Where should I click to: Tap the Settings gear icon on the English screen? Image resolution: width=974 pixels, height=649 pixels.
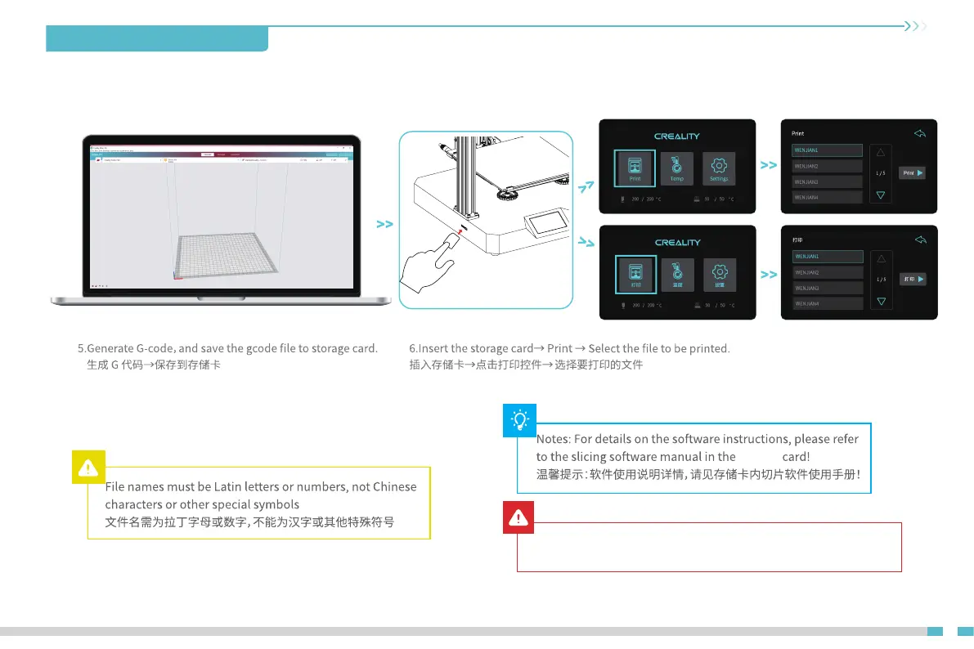(x=719, y=167)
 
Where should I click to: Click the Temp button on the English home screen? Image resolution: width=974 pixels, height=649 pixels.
(x=677, y=168)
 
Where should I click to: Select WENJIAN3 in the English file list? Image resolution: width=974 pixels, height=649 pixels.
(x=828, y=181)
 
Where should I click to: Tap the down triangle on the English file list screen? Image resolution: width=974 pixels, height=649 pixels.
(x=881, y=195)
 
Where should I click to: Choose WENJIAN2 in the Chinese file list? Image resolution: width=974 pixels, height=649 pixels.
(x=828, y=272)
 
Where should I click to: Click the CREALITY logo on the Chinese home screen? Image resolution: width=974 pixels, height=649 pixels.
(x=677, y=243)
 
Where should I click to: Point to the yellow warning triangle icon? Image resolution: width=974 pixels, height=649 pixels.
(x=88, y=468)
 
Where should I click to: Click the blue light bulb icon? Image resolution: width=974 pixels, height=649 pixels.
(x=519, y=419)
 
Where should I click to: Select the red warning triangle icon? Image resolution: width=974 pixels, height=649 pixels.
(x=519, y=517)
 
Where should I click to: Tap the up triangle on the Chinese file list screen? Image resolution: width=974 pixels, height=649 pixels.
(x=881, y=258)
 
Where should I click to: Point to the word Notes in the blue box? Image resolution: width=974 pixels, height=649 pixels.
(x=553, y=439)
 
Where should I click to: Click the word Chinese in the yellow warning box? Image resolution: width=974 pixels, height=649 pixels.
(x=394, y=487)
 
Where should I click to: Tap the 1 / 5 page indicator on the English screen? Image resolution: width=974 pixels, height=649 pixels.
(x=881, y=173)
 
